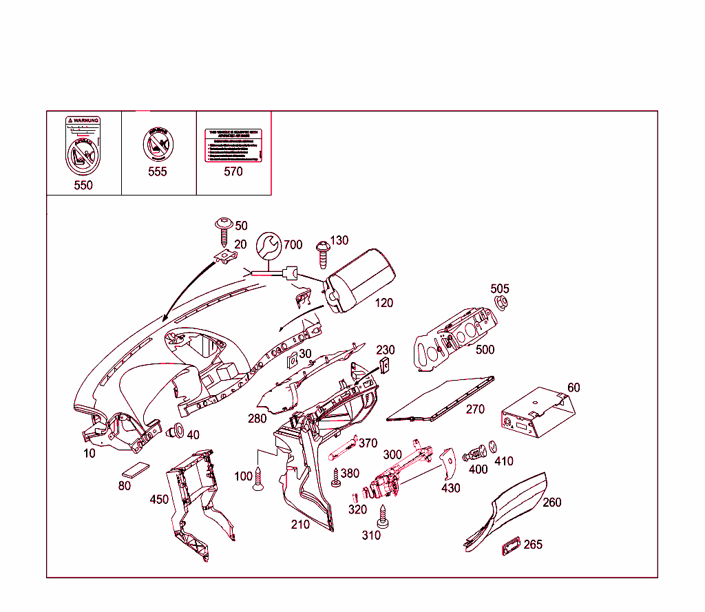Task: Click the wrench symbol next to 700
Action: tap(269, 245)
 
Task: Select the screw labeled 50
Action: tap(224, 231)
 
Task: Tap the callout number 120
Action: tap(384, 303)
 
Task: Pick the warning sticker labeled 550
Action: tap(83, 146)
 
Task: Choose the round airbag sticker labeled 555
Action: tap(157, 145)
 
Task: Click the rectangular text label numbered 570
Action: tap(233, 145)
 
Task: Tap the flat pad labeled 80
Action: tap(136, 471)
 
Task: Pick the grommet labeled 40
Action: tap(174, 433)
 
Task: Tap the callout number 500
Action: tap(485, 350)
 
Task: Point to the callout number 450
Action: tap(159, 499)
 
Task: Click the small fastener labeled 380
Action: tap(336, 478)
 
